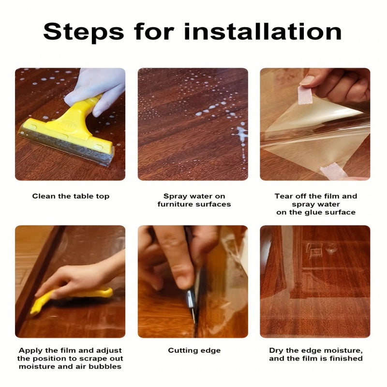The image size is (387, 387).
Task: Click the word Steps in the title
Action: tap(83, 32)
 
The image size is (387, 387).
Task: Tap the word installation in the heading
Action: tap(263, 31)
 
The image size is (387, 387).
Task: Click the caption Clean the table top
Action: tap(71, 196)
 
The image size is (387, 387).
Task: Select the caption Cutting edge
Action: tap(194, 351)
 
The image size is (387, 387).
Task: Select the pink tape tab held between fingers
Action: tap(305, 95)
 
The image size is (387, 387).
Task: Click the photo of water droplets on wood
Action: tap(193, 124)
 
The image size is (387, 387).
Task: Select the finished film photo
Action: tap(315, 282)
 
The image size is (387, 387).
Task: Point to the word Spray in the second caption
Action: tap(174, 197)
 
